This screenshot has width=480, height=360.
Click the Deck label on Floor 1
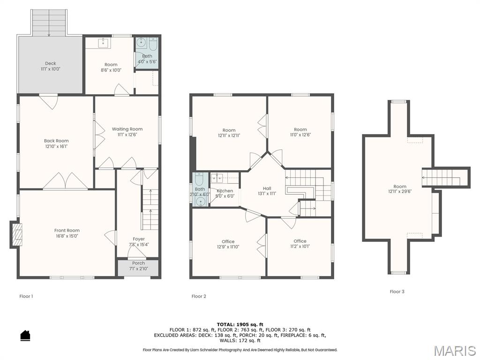[51, 63]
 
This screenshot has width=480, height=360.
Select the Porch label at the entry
[138, 263]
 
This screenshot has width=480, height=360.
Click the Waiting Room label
[127, 129]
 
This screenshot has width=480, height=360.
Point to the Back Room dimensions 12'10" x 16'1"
[56, 146]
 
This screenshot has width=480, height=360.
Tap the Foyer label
[139, 239]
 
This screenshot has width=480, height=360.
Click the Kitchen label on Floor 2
[225, 191]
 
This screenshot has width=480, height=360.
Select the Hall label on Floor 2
[267, 188]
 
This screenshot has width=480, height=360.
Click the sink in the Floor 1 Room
[104, 43]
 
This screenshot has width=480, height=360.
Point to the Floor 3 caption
[397, 292]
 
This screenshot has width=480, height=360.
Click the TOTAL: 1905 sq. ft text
[240, 324]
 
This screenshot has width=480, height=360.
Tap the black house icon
[25, 335]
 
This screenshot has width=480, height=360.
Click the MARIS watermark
[455, 351]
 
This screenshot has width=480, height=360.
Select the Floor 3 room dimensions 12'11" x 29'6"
[400, 192]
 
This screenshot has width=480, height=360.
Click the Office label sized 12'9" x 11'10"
[228, 241]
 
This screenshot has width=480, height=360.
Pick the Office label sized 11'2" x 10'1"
[300, 241]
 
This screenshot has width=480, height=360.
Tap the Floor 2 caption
[199, 296]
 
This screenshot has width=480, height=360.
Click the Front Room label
[67, 231]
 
